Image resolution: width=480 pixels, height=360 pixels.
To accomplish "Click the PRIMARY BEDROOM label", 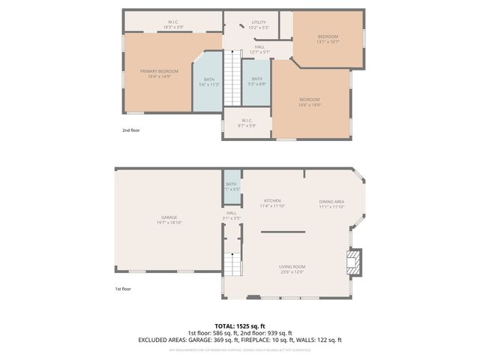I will [x=159, y=71].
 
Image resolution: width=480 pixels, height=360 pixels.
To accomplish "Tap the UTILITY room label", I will [x=259, y=22].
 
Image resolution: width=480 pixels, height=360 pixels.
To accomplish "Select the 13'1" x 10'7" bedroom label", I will [x=328, y=37].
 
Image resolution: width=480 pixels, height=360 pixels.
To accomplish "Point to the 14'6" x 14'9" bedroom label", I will [x=310, y=100].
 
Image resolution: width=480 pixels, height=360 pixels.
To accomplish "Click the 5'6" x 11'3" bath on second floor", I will [x=208, y=81].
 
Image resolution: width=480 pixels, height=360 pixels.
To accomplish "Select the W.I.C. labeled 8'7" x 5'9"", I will [x=247, y=121].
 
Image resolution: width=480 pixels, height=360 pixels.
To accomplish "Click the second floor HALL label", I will [x=259, y=47].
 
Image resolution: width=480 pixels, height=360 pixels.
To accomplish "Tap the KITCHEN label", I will [x=271, y=201].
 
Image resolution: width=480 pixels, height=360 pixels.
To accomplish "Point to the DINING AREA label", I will [x=331, y=201].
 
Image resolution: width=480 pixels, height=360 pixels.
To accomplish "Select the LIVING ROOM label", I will [x=292, y=267].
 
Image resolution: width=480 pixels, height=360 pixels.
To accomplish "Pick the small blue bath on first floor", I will [x=232, y=186].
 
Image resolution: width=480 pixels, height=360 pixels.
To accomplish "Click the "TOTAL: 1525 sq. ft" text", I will [x=240, y=326].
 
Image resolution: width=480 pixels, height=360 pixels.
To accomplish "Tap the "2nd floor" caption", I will [x=131, y=130].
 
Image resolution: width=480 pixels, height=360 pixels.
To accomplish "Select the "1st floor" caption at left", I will [x=123, y=288].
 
